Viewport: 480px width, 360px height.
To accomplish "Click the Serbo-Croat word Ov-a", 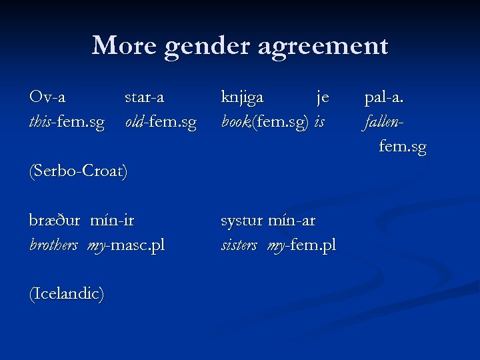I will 47,97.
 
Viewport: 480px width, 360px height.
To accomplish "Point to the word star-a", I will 145,97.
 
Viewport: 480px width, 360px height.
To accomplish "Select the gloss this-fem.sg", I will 67,123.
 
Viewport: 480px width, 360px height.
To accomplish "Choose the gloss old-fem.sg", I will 161,123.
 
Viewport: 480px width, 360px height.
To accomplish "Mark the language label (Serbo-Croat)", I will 78,171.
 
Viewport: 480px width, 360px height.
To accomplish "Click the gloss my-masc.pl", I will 125,245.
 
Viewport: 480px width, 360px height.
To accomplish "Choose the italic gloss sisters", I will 239,245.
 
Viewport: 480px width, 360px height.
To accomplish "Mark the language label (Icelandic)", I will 66,294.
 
